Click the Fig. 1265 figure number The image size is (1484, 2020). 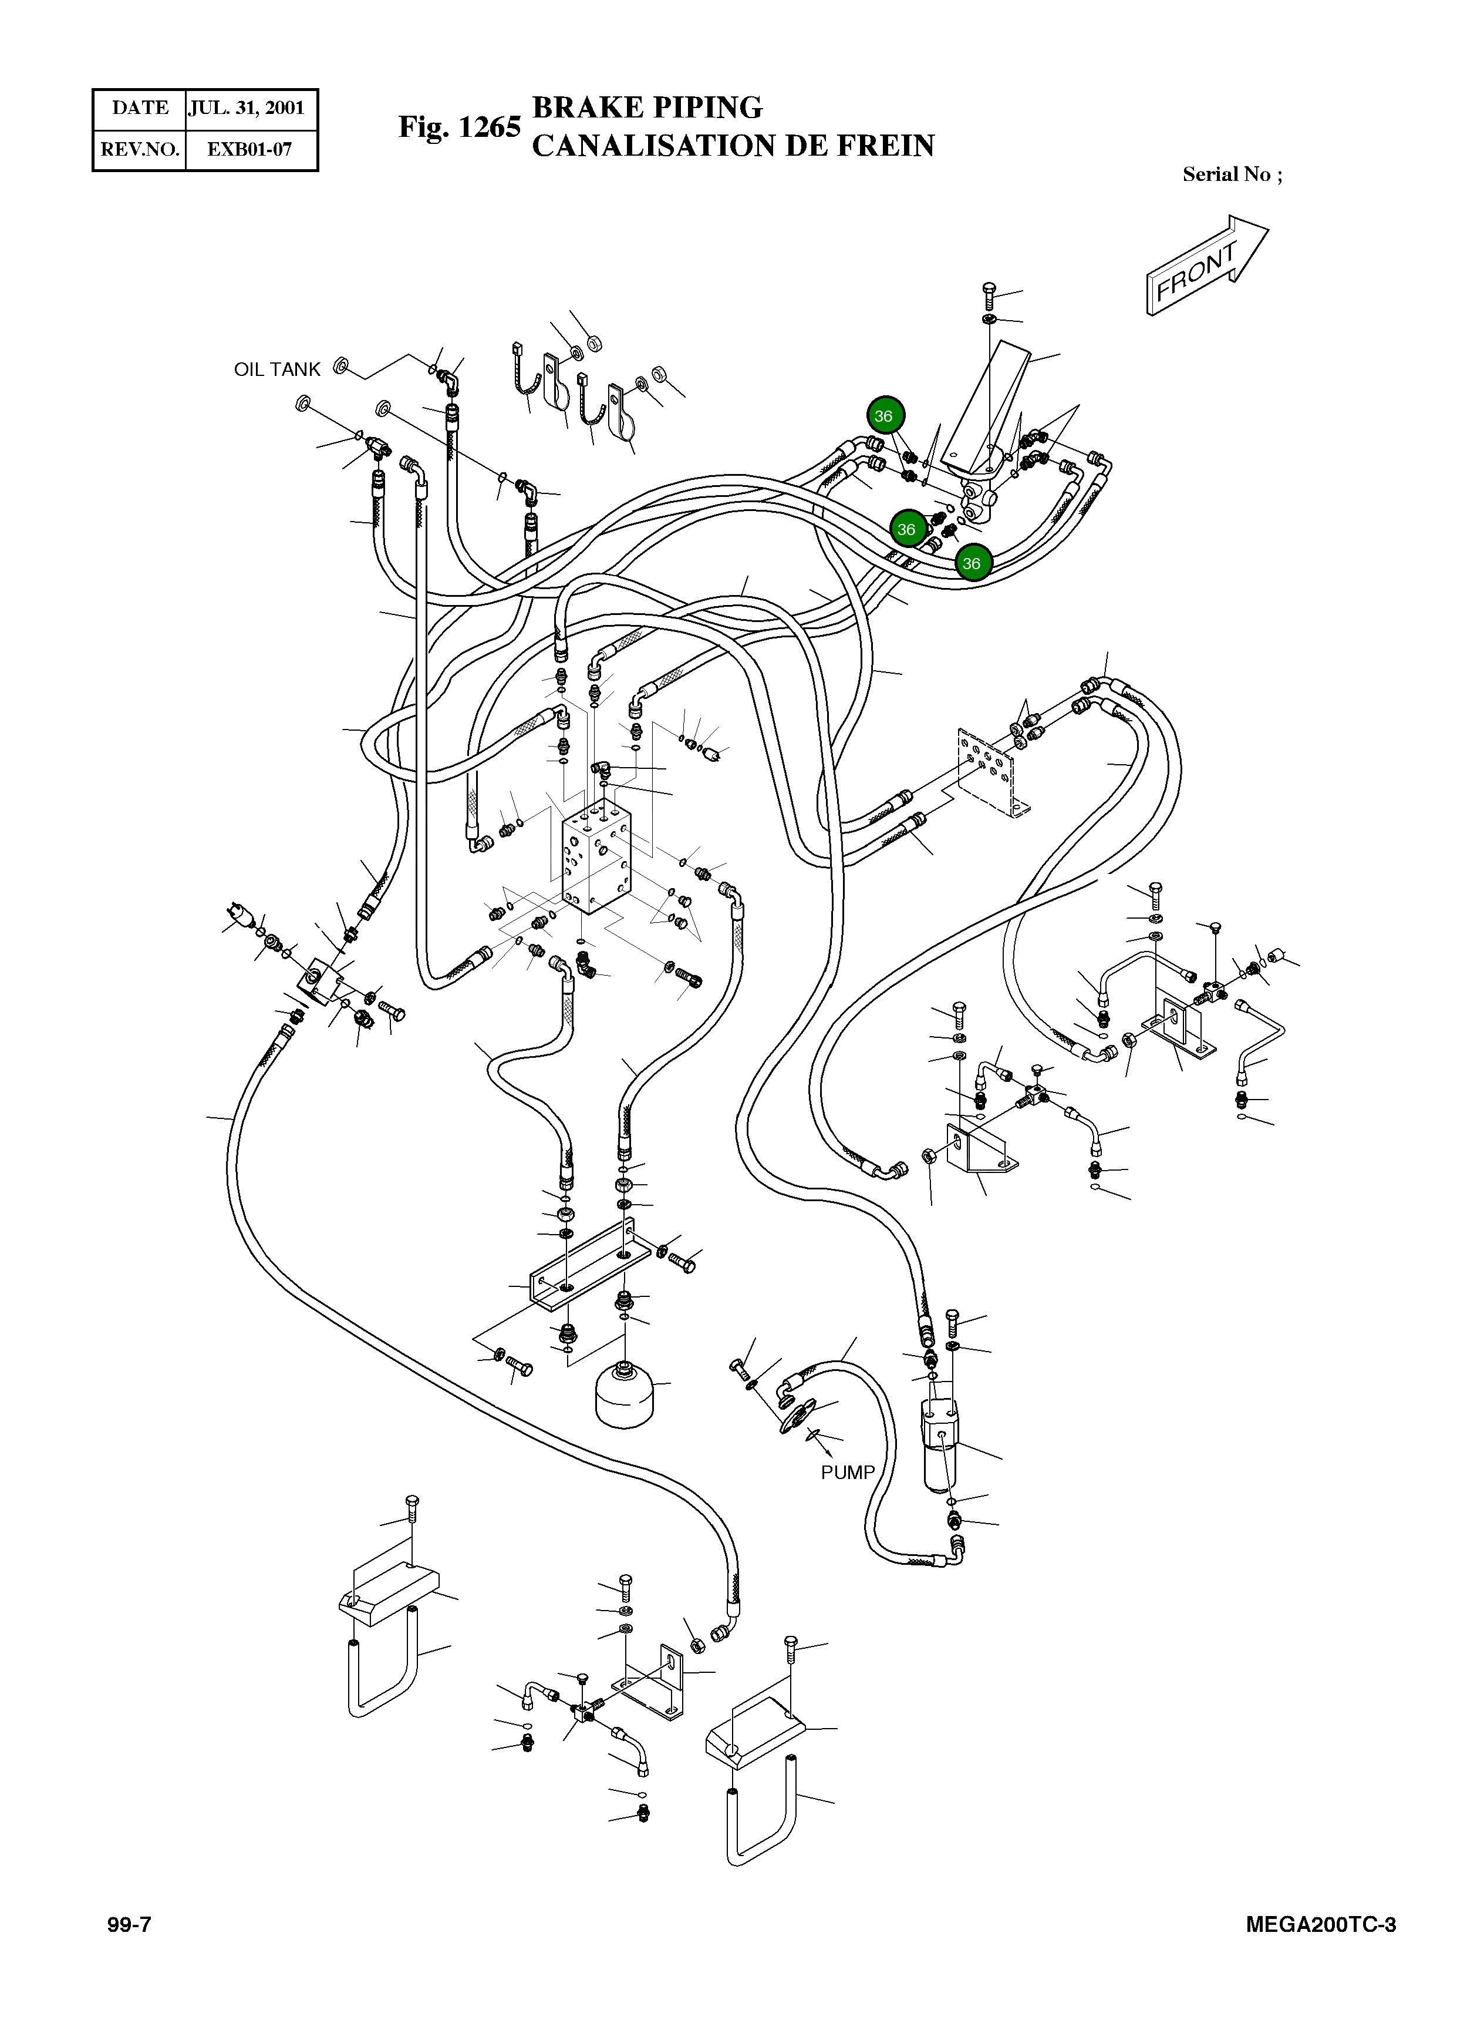(459, 127)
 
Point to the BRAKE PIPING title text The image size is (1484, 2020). (647, 107)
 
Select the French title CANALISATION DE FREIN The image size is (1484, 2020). (733, 146)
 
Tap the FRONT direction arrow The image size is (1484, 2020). (1206, 265)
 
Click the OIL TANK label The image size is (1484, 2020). (276, 369)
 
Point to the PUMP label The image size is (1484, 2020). (847, 1473)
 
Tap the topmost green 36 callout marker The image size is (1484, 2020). (885, 415)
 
